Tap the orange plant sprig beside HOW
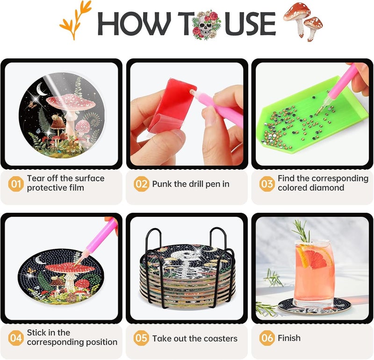(x=76, y=20)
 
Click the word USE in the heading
(x=251, y=24)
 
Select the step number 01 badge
(x=16, y=184)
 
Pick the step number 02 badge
(x=141, y=184)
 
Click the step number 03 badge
(x=267, y=184)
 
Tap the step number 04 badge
(x=16, y=338)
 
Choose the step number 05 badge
(x=141, y=338)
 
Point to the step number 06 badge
(x=267, y=338)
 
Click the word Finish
(x=289, y=338)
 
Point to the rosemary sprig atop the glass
(x=302, y=230)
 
